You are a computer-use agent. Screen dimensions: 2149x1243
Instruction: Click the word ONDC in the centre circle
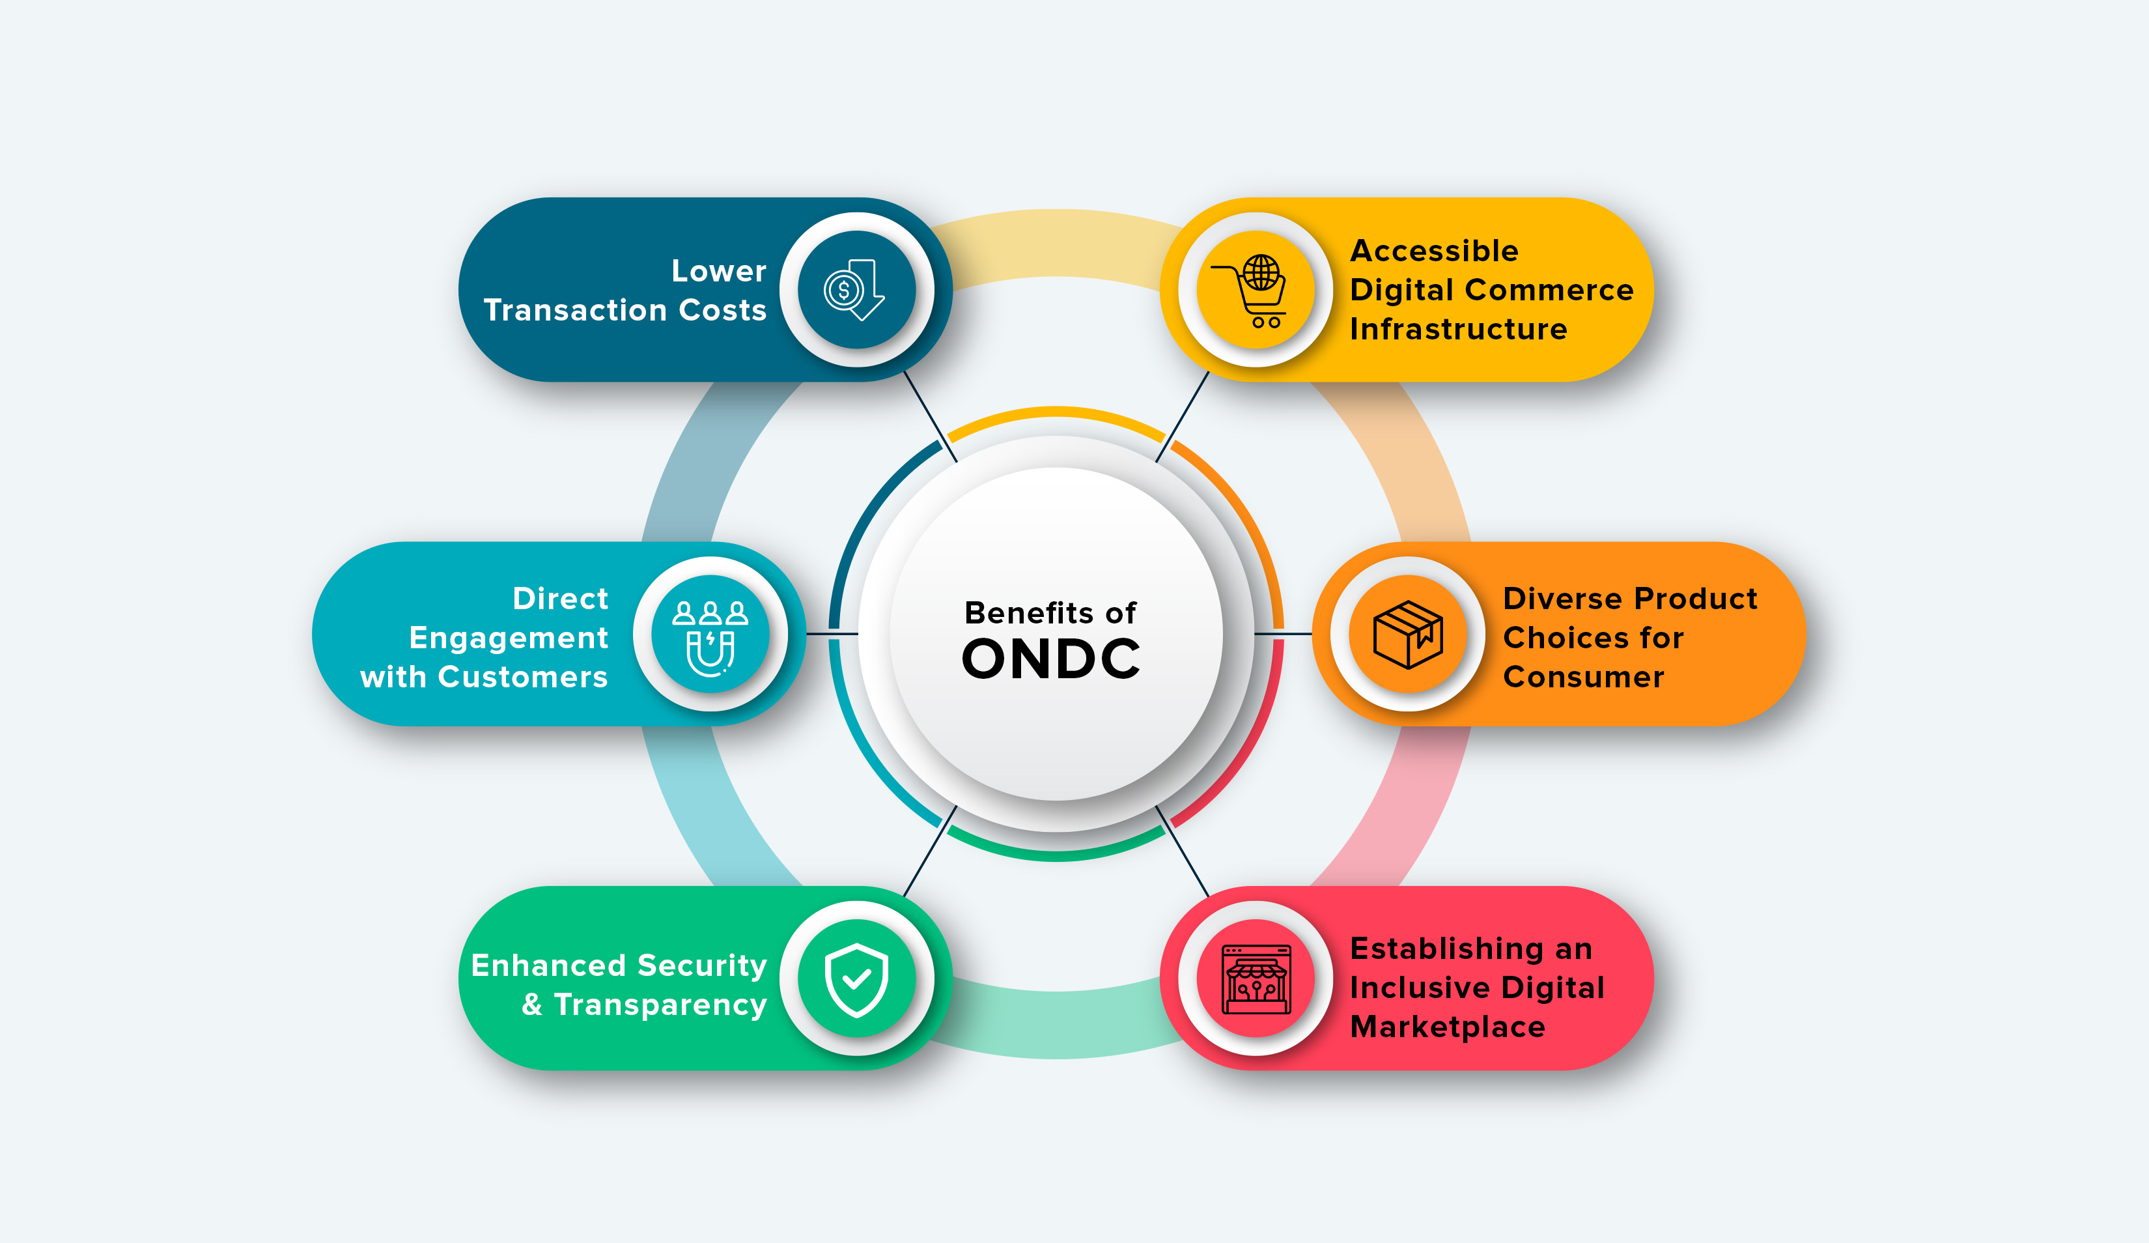(1050, 659)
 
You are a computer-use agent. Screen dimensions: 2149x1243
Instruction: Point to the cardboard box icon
(1408, 634)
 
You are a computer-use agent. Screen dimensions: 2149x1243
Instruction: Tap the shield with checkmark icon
(856, 979)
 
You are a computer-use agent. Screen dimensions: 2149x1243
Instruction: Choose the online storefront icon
(1256, 979)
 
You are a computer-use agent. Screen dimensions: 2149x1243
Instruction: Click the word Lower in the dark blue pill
(719, 270)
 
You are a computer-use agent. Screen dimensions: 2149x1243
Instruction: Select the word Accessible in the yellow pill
(1435, 251)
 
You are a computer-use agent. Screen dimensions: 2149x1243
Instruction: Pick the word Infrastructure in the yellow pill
(1458, 328)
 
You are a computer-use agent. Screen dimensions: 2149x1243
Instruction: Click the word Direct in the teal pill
(560, 598)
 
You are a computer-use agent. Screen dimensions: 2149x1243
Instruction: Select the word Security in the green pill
(702, 965)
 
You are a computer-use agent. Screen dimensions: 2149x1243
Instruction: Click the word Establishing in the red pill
(1447, 949)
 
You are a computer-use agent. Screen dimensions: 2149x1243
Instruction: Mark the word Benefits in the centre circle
(1028, 612)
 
